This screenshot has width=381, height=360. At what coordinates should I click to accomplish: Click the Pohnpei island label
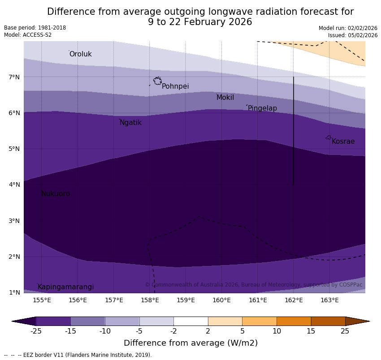[x=175, y=86]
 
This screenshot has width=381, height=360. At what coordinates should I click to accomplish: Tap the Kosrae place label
[x=343, y=141]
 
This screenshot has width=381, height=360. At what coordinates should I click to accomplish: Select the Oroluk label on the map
[x=80, y=54]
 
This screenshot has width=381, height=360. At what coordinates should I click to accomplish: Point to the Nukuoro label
[x=56, y=194]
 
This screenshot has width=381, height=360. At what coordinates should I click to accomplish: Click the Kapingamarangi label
[x=65, y=287]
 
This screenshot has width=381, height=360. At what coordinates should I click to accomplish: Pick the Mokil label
[x=225, y=98]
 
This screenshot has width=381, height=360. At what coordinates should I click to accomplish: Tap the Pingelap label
[x=262, y=108]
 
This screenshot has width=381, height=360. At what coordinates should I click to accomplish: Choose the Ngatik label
[x=130, y=123]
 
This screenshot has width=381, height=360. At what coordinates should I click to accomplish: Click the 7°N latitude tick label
[x=14, y=77]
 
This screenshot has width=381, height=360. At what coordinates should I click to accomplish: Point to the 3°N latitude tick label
[x=14, y=221]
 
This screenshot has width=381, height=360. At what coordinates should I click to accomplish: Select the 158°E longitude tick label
[x=150, y=300]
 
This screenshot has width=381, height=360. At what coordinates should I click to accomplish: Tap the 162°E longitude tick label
[x=294, y=300]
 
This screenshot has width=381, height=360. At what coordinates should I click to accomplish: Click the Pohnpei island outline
[x=157, y=81]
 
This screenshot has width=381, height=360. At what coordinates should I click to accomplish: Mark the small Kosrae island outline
[x=329, y=137]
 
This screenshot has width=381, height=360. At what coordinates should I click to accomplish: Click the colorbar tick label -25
[x=36, y=331]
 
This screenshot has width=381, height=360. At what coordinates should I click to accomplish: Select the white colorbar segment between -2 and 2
[x=190, y=321]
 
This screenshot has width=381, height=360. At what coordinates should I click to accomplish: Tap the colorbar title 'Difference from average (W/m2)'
[x=190, y=343]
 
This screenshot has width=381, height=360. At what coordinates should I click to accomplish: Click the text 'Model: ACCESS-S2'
[x=28, y=35]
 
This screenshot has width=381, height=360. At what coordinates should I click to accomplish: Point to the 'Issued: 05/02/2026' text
[x=353, y=35]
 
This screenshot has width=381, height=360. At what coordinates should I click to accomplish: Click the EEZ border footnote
[x=78, y=355]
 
